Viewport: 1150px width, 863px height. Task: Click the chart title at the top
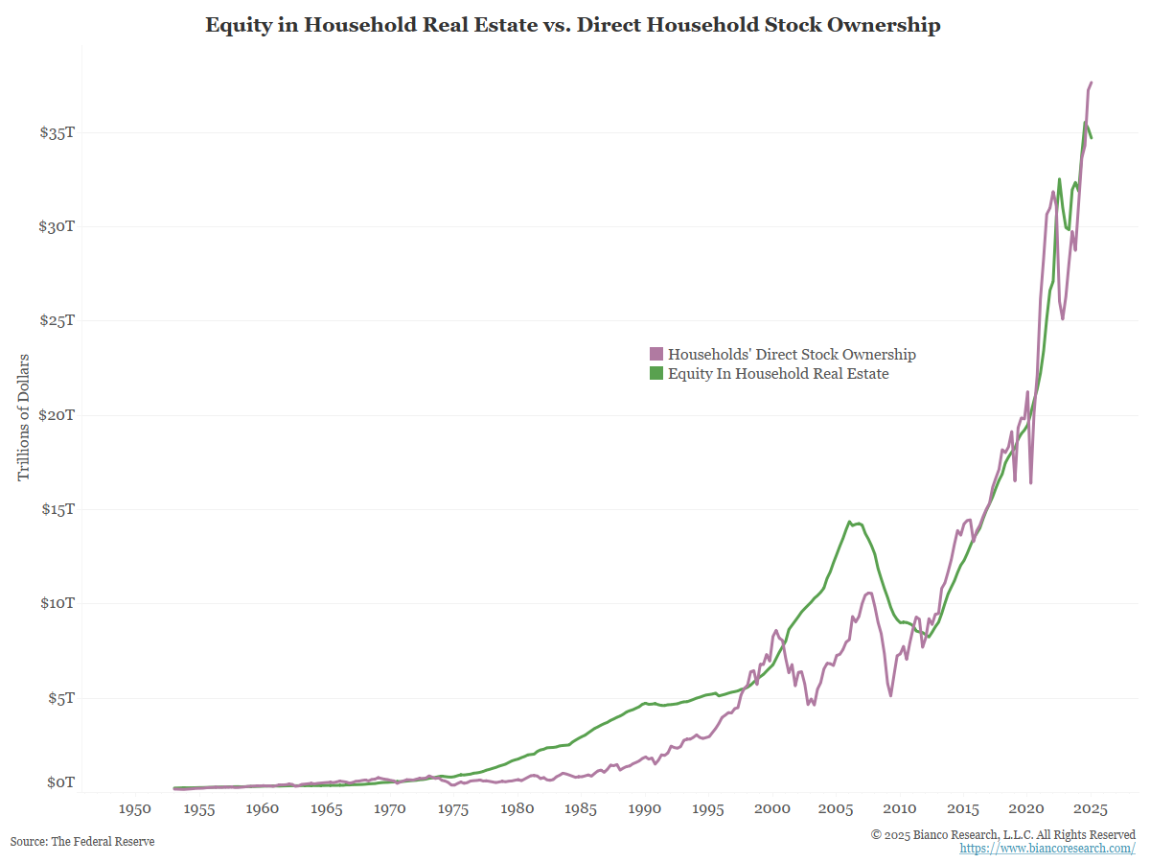[x=573, y=25]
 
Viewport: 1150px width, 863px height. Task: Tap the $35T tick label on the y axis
[x=57, y=132]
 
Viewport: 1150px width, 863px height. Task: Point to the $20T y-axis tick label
[x=57, y=415]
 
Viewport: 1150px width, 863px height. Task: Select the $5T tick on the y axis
[x=61, y=698]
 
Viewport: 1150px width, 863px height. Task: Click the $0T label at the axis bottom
[x=61, y=782]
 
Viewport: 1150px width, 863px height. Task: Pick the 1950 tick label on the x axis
[x=135, y=809]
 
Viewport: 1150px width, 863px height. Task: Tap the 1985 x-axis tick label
[x=581, y=809]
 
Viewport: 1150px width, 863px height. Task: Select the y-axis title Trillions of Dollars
[x=23, y=418]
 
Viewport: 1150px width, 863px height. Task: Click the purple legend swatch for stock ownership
[x=656, y=355]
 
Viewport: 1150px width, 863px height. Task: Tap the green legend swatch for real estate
[x=656, y=374]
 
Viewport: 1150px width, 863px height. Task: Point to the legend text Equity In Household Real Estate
[x=778, y=374]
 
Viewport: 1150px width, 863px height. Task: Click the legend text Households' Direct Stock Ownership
[x=792, y=355]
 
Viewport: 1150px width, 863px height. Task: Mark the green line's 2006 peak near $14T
[x=849, y=522]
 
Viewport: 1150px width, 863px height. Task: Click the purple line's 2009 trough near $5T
[x=891, y=695]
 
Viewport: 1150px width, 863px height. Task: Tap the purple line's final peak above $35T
[x=1092, y=82]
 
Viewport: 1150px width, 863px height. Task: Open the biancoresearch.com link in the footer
[x=1047, y=849]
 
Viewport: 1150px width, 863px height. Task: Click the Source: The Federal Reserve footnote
[x=82, y=841]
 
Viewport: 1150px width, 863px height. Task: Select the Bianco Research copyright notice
[x=1003, y=835]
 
